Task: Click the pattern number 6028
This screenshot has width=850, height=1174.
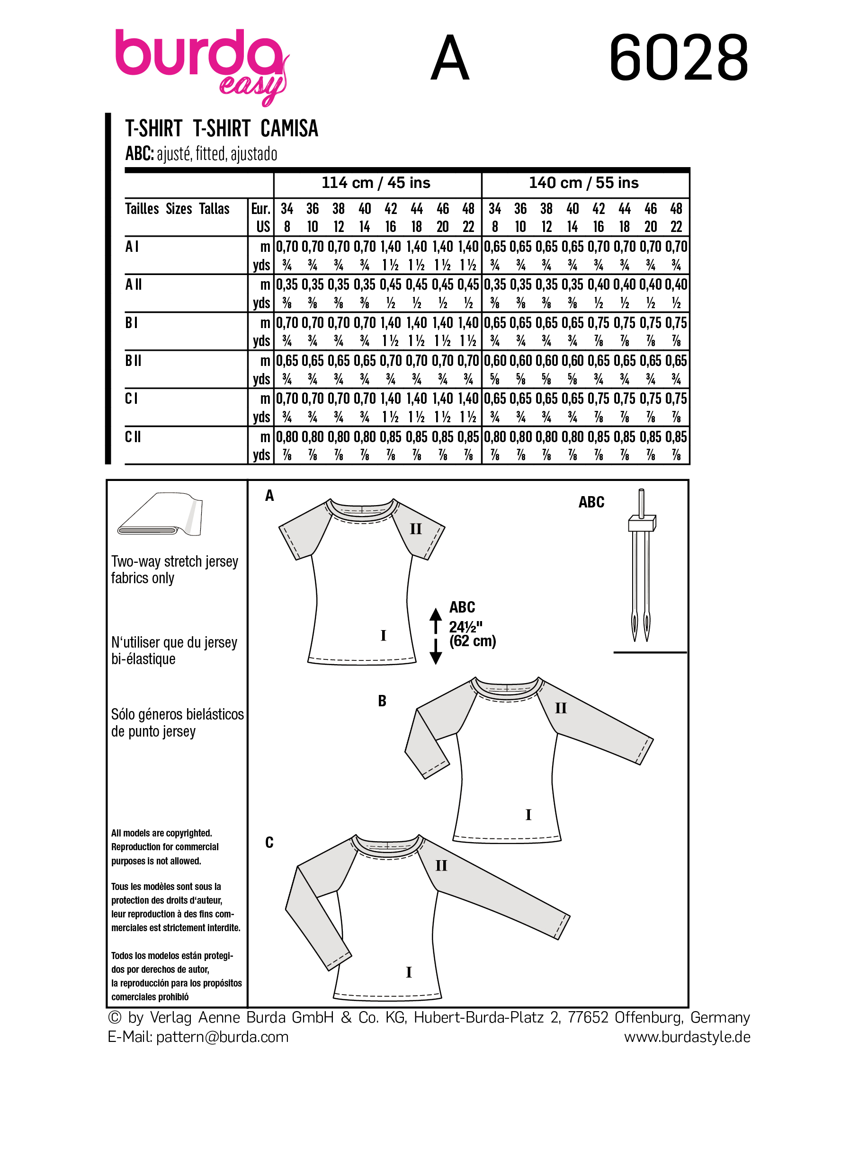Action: (x=678, y=57)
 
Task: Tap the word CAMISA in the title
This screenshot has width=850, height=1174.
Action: (x=289, y=128)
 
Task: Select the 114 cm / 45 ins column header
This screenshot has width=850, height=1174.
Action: (x=376, y=183)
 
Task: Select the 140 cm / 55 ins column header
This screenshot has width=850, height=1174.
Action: (x=583, y=183)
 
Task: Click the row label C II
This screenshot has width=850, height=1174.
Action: (x=133, y=437)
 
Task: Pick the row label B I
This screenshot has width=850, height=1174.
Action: (x=132, y=322)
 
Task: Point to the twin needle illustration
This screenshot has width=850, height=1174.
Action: (x=641, y=564)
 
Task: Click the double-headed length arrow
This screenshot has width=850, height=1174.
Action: (x=436, y=636)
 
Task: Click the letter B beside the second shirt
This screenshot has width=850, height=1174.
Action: (x=382, y=701)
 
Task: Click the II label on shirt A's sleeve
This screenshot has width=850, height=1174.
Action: (x=416, y=529)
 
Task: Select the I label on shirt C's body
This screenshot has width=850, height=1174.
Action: (x=409, y=972)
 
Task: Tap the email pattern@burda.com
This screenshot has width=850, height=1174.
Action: (x=222, y=1037)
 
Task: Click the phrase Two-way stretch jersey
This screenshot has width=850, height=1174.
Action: (x=174, y=561)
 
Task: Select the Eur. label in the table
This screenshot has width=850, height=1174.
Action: (x=260, y=209)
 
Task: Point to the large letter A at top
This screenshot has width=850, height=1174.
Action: (x=449, y=59)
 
